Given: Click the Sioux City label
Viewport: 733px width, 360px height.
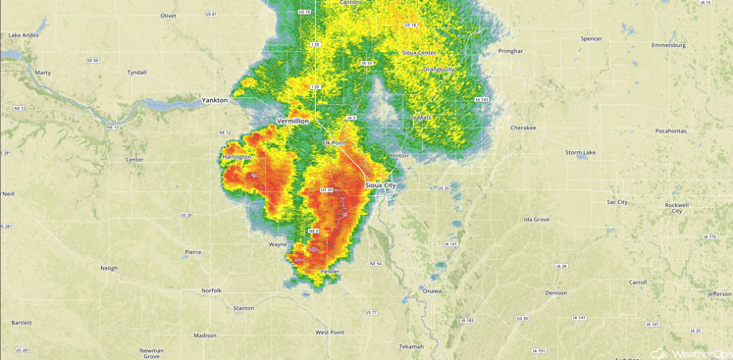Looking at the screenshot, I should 380,184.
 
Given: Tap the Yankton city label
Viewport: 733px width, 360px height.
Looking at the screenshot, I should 215,100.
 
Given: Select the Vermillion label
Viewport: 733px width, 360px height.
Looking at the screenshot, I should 292,121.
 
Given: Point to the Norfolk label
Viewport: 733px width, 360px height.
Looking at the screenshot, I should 211,290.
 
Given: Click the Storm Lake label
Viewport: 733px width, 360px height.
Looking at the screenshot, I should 580,153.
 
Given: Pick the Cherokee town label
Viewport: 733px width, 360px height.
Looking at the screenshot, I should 523,128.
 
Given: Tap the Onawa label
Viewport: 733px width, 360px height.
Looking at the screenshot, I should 431,291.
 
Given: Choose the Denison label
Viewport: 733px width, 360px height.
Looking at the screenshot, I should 556,292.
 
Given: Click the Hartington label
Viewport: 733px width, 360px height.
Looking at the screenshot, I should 237,157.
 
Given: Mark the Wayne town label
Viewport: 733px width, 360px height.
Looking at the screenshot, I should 279,244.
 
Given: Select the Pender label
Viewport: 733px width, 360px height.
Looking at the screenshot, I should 330,272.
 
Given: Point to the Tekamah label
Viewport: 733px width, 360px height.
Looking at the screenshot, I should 411,346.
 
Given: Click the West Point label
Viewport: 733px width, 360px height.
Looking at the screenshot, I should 330,333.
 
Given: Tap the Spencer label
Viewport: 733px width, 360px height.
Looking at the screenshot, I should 591,38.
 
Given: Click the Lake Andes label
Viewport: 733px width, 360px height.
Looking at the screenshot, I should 23,35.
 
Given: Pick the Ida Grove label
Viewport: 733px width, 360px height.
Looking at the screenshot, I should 537,220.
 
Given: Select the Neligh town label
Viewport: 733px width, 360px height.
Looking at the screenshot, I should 109,268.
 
